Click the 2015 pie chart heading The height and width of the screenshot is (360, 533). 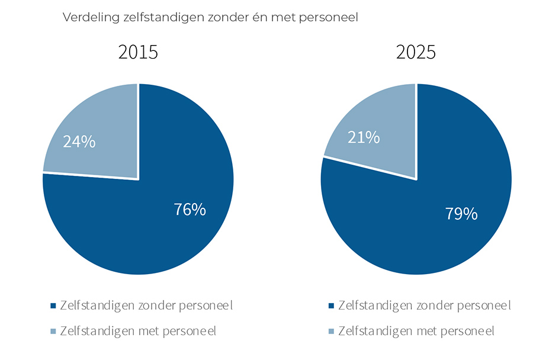[138, 52]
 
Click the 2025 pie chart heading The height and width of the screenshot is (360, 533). [416, 52]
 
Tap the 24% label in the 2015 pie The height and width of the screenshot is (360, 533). [79, 142]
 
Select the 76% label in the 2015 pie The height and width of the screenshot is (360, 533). [190, 209]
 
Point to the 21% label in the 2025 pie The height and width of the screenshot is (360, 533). [363, 137]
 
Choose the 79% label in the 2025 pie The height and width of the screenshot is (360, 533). [461, 214]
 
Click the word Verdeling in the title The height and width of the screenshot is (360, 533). [86, 18]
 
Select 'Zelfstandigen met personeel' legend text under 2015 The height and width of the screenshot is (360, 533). [138, 330]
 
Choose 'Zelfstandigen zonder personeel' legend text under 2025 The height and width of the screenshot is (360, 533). [424, 306]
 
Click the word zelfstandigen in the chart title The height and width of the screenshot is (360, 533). [154, 18]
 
